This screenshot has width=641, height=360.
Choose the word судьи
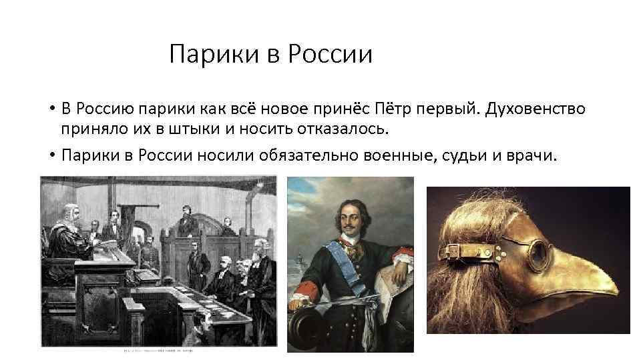point(465,156)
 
